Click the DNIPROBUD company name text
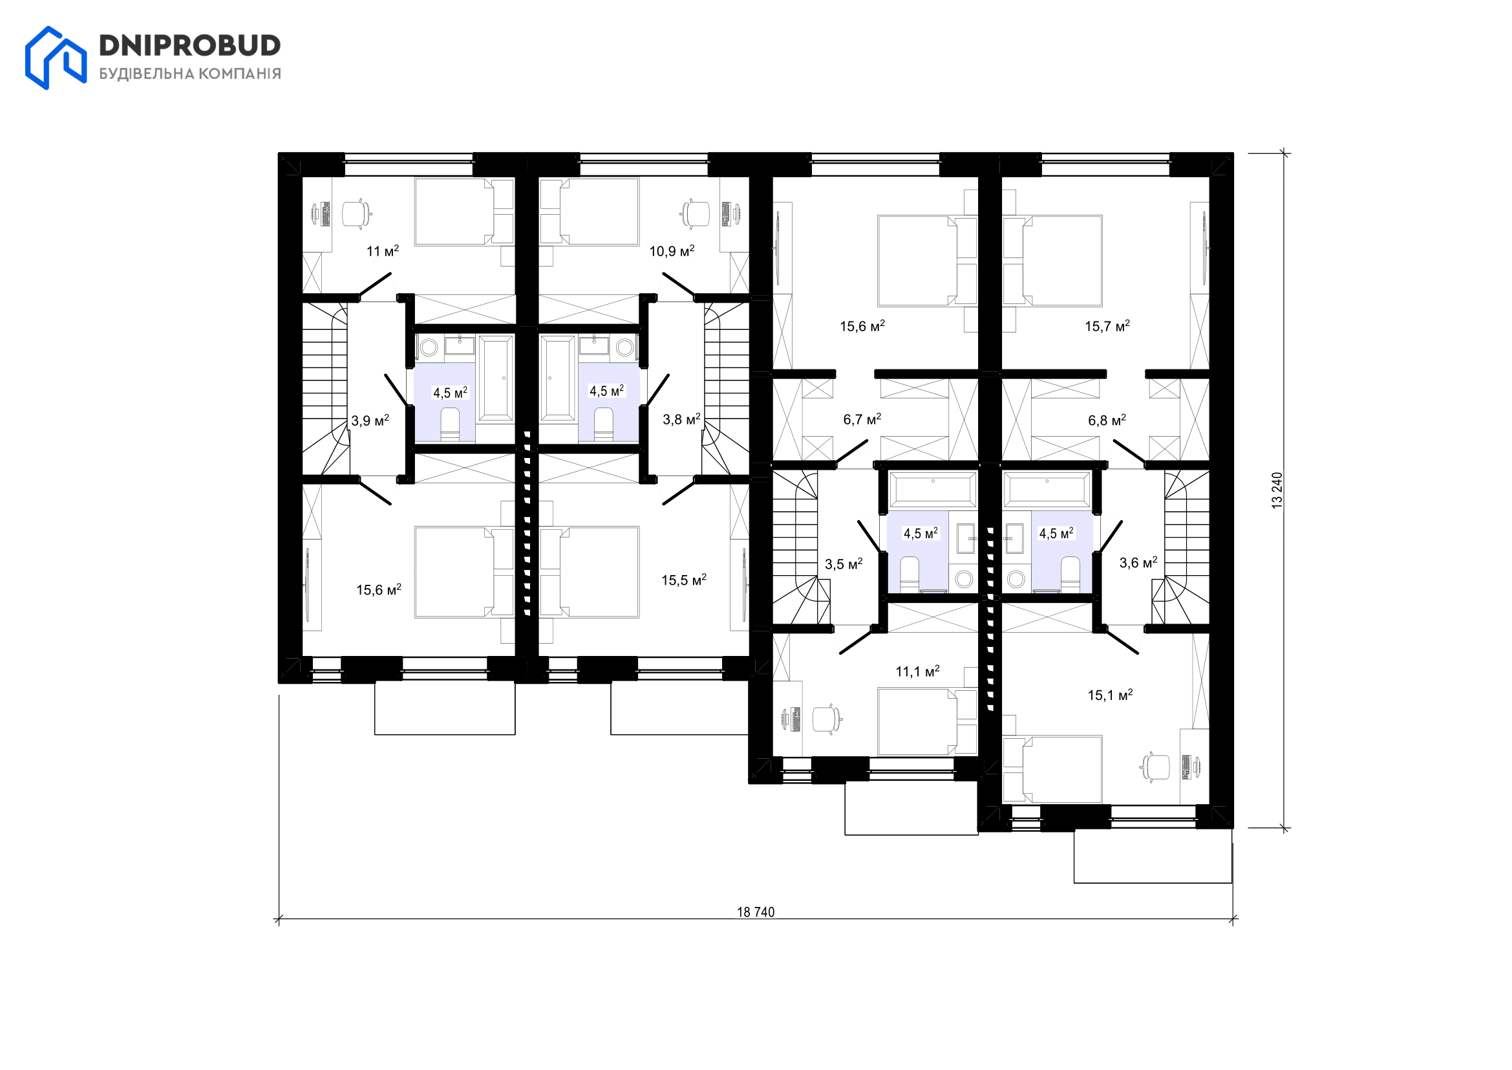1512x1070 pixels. tap(189, 45)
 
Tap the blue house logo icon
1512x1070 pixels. tap(56, 58)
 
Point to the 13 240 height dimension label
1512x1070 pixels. tap(1277, 490)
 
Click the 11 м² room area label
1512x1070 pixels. tap(383, 250)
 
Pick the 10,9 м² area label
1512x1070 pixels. tap(672, 250)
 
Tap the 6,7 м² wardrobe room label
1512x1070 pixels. tap(862, 419)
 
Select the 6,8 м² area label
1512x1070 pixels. tap(1107, 420)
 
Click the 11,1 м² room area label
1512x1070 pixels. tap(917, 671)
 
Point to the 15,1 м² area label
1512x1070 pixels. tap(1110, 695)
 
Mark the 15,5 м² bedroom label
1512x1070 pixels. tap(683, 580)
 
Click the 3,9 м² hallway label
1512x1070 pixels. tap(370, 420)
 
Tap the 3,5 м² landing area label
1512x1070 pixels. tap(844, 564)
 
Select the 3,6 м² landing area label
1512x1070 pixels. tap(1138, 562)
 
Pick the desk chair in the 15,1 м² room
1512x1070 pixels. tap(1156, 767)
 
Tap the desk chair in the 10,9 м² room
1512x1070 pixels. tap(696, 213)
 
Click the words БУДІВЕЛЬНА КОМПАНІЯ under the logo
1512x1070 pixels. tap(189, 74)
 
